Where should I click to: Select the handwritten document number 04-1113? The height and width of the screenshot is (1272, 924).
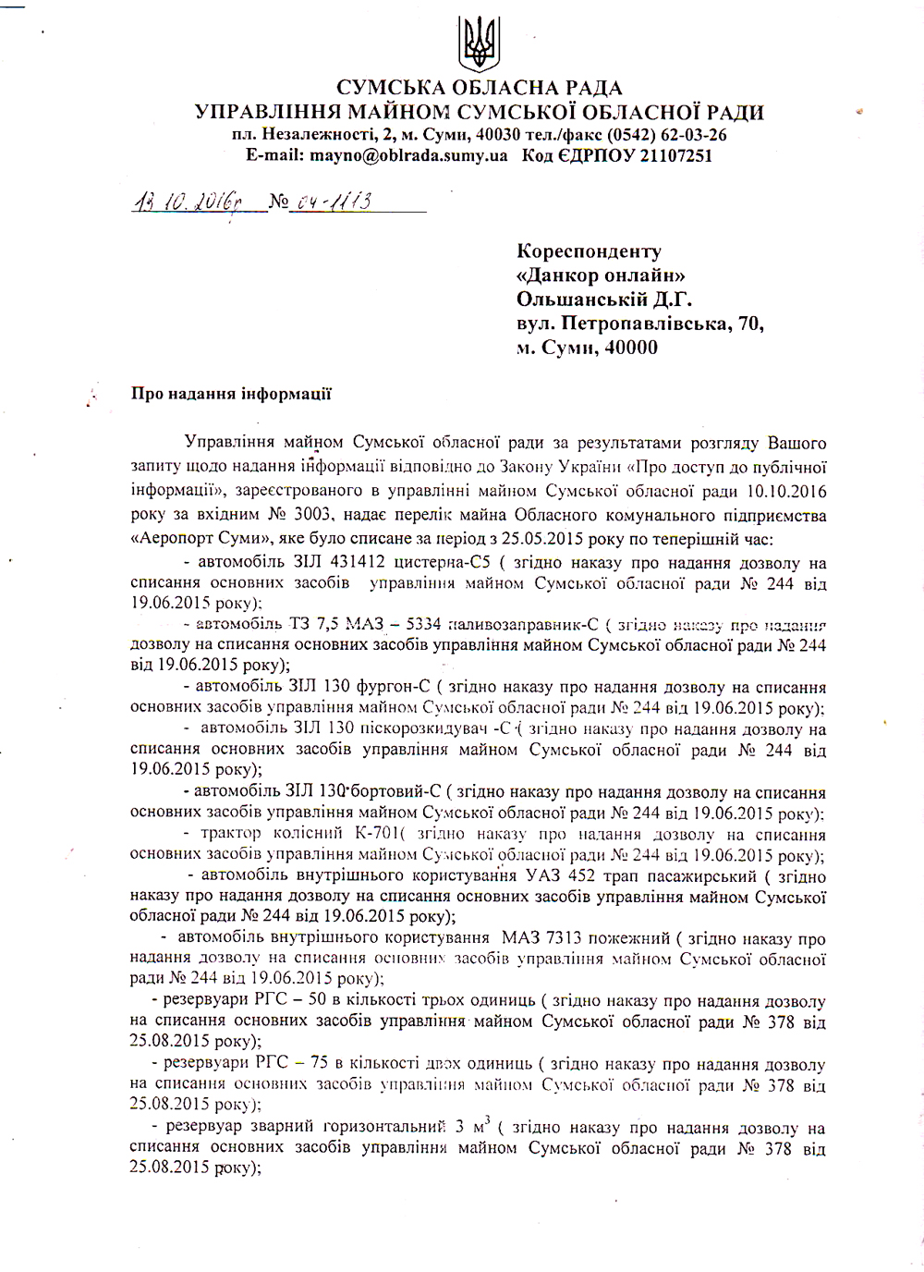pyautogui.click(x=334, y=202)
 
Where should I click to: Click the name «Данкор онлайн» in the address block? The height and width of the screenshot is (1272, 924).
pyautogui.click(x=601, y=275)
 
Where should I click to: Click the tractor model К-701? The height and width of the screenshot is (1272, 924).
pyautogui.click(x=377, y=834)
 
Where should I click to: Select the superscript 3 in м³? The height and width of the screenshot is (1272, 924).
pyautogui.click(x=486, y=1119)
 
